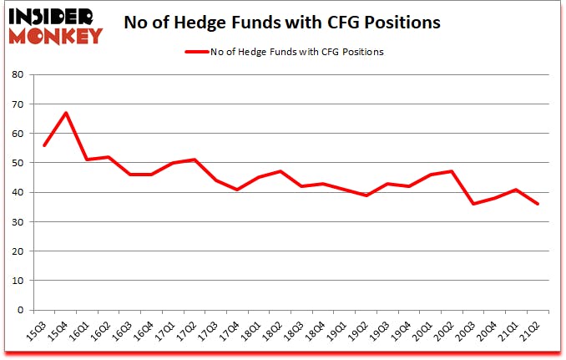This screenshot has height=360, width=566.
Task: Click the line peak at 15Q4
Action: (65, 113)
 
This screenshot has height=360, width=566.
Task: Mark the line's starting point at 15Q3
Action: (43, 145)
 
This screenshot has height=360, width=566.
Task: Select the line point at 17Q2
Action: (195, 160)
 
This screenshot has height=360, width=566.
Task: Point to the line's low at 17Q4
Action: (238, 190)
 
